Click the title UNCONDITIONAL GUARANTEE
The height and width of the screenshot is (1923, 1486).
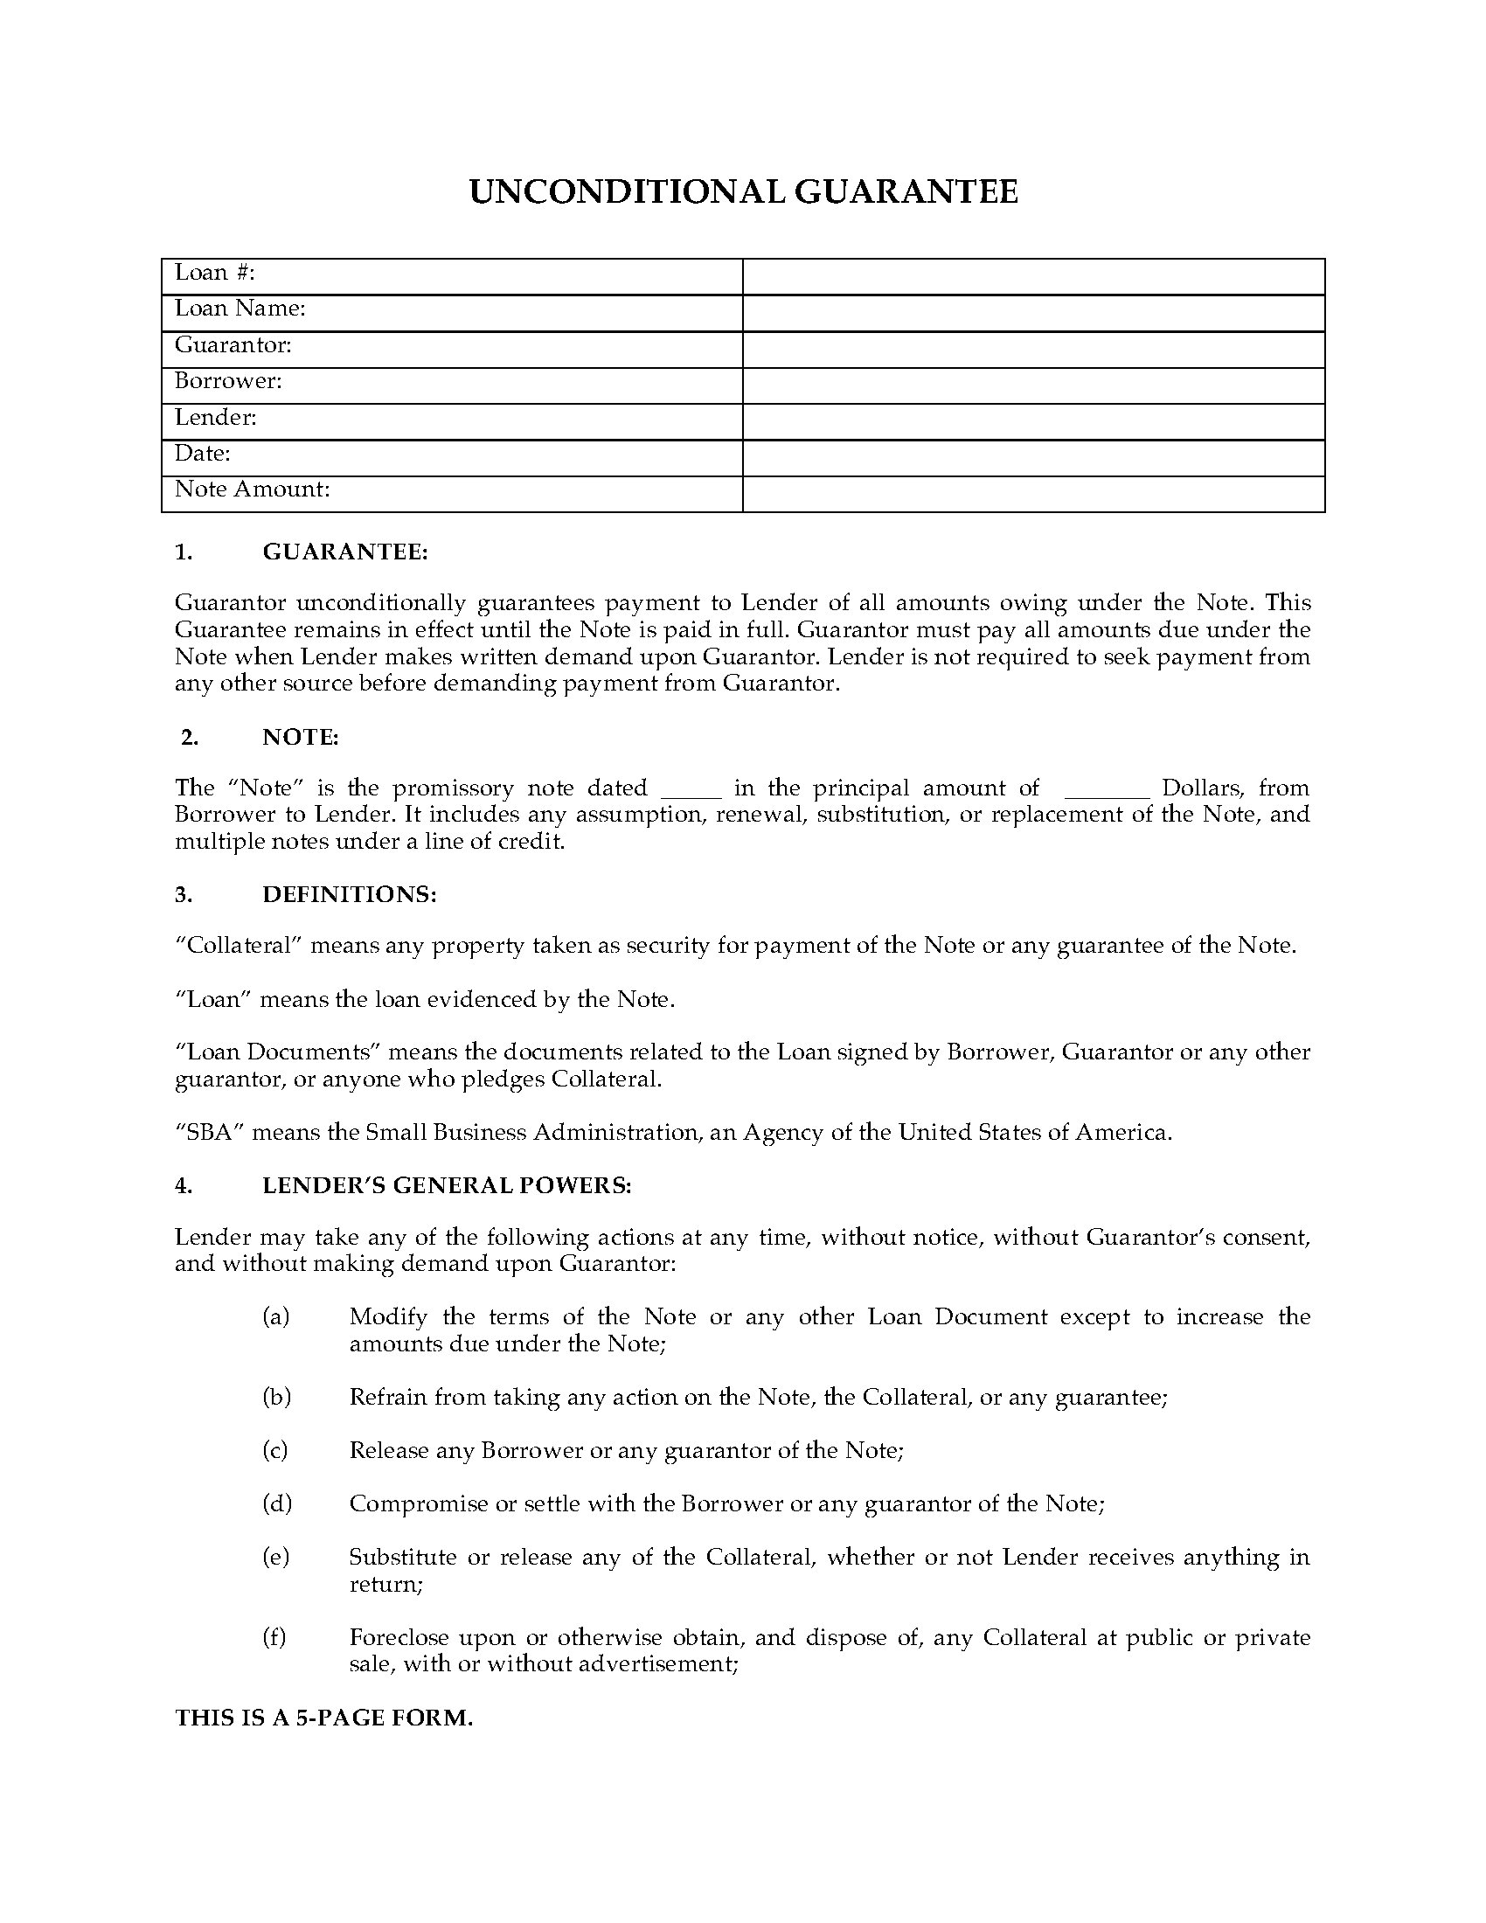pyautogui.click(x=743, y=192)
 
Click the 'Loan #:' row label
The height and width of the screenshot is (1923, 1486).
pyautogui.click(x=215, y=273)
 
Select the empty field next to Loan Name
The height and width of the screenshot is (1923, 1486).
pyautogui.click(x=1032, y=313)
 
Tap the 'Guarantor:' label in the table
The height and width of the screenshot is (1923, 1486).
pyautogui.click(x=233, y=345)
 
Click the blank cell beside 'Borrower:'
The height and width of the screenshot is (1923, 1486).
pyautogui.click(x=1032, y=385)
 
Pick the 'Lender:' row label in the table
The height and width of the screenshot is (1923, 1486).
pyautogui.click(x=216, y=417)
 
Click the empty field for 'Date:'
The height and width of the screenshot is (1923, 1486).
pyautogui.click(x=1032, y=458)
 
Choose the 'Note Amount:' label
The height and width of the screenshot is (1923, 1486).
pyautogui.click(x=252, y=489)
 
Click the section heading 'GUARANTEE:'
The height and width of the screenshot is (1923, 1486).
pyautogui.click(x=345, y=553)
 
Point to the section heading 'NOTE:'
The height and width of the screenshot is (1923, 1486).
pyautogui.click(x=300, y=738)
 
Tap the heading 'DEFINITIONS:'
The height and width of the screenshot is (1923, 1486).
pyautogui.click(x=350, y=894)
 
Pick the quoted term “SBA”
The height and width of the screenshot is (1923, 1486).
pyautogui.click(x=209, y=1132)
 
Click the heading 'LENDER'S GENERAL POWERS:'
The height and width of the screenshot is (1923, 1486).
pyautogui.click(x=447, y=1186)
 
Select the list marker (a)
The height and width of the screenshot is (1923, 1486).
pyautogui.click(x=275, y=1317)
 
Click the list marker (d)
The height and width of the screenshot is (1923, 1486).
pyautogui.click(x=276, y=1503)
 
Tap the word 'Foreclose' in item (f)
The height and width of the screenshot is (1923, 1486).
pyautogui.click(x=392, y=1638)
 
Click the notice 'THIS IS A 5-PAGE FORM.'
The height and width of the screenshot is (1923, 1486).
pyautogui.click(x=324, y=1718)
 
